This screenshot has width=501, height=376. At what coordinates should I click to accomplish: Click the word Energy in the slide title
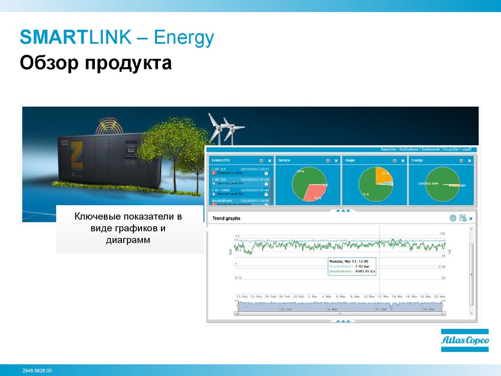(184, 38)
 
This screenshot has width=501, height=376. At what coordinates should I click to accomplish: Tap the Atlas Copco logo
(464, 340)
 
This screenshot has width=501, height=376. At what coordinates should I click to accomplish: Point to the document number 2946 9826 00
(37, 371)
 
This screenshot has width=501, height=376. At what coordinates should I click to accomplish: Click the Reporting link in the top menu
(388, 149)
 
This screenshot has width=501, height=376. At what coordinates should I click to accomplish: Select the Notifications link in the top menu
(409, 149)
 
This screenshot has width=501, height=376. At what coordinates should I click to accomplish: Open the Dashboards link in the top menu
(431, 149)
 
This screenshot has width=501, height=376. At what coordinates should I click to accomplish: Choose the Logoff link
(467, 149)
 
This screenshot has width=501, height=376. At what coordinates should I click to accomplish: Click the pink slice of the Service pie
(312, 193)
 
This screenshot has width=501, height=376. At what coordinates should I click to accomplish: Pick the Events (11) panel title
(220, 160)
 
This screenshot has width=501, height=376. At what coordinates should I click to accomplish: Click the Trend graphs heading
(227, 218)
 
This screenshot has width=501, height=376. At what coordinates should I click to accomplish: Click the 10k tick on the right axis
(442, 234)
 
